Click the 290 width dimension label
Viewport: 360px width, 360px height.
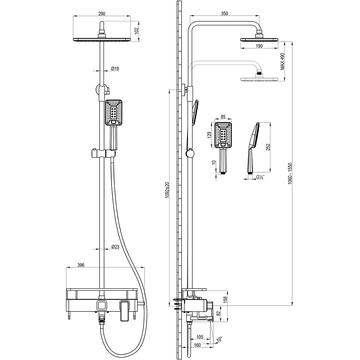tap(102, 13)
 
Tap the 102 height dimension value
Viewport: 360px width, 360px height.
tap(136, 31)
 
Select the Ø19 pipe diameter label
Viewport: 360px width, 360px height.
tap(115, 69)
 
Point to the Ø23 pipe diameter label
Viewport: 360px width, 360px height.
tap(115, 247)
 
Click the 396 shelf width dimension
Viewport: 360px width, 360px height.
tap(81, 265)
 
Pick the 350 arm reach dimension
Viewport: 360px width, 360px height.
tap(225, 13)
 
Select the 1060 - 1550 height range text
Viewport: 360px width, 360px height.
tap(290, 174)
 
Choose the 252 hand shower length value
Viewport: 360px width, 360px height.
tap(268, 147)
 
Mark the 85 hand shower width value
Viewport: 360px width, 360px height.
tap(223, 117)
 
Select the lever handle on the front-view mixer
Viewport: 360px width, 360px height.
tap(124, 311)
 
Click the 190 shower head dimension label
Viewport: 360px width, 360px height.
tap(259, 46)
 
